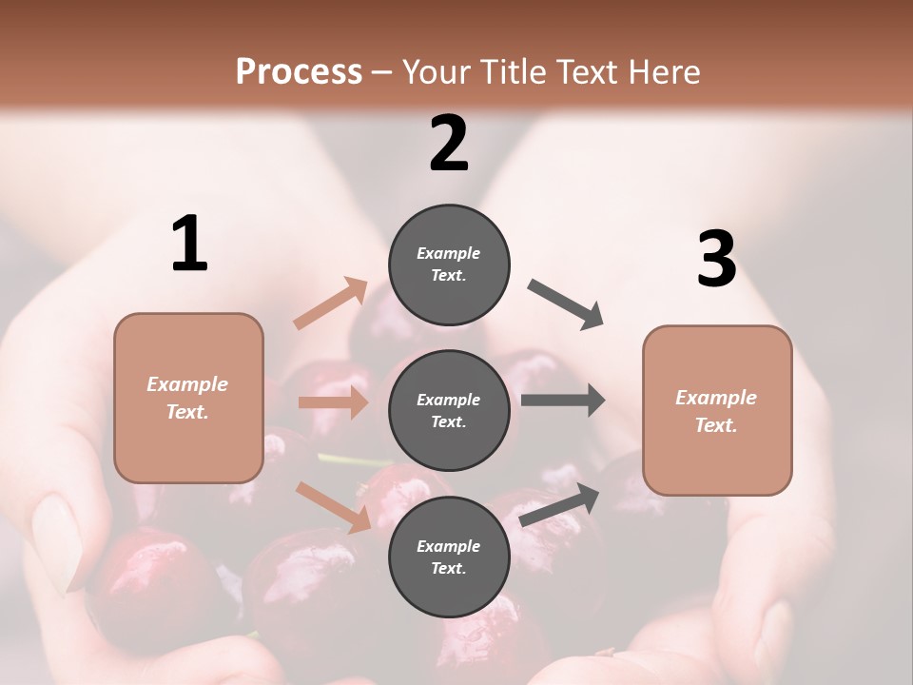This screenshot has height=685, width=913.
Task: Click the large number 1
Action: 190,245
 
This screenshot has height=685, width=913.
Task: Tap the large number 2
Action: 449,144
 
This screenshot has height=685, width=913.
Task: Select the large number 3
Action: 716,259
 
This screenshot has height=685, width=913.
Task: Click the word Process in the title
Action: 299,71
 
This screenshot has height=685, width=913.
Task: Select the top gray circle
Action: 449,264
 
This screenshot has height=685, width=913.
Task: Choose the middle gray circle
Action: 449,410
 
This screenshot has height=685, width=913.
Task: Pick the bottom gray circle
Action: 449,557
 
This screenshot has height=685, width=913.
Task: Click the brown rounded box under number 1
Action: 188,398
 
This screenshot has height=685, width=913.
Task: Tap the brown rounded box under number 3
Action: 717,410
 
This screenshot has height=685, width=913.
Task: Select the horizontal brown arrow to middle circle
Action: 333,402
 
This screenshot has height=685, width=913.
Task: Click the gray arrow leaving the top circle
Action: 566,303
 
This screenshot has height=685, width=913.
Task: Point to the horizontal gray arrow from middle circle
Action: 563,401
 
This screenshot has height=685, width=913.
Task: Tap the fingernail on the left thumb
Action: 56,542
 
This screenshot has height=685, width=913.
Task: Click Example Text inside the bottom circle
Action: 449,557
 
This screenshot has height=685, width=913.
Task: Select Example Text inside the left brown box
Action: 188,398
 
